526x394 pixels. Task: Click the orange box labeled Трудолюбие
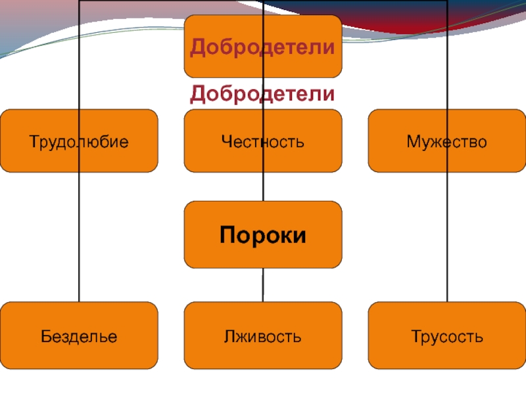click(x=79, y=141)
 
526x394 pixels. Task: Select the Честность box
click(x=263, y=141)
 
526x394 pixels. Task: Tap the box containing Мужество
click(x=447, y=141)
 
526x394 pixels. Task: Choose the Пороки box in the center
click(x=263, y=234)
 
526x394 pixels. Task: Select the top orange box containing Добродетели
click(x=263, y=46)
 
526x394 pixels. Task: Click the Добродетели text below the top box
click(x=263, y=94)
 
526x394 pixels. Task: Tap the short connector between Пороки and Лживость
click(x=263, y=284)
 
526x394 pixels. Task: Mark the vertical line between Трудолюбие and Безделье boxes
click(x=79, y=236)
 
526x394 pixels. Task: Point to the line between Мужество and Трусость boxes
click(x=447, y=236)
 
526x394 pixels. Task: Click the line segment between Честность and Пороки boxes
click(x=263, y=186)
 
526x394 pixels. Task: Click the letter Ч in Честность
click(x=226, y=141)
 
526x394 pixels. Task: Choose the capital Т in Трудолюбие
click(x=34, y=141)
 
